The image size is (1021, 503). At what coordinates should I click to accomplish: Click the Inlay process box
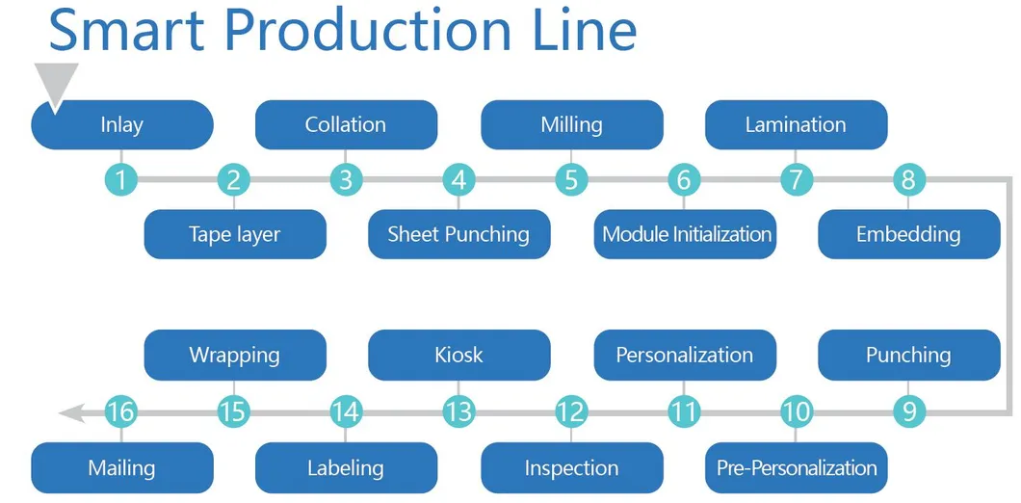click(x=122, y=125)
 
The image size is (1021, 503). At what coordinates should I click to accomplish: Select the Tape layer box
click(x=235, y=234)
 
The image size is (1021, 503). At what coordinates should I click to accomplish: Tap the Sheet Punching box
click(x=458, y=234)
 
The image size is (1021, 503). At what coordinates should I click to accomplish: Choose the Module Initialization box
click(x=686, y=234)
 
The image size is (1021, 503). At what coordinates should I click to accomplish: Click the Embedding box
click(x=908, y=234)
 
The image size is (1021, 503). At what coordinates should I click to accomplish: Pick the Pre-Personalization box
click(x=797, y=468)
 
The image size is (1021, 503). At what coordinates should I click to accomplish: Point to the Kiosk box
click(x=458, y=355)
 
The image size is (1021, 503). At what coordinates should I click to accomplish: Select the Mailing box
click(x=122, y=468)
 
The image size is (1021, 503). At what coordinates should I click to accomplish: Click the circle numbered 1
click(x=121, y=179)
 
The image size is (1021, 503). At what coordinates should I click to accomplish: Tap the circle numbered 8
click(x=908, y=179)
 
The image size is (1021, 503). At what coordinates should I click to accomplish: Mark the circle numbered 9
click(x=908, y=412)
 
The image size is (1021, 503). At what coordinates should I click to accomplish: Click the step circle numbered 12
click(x=571, y=412)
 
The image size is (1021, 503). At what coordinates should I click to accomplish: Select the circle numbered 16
click(x=121, y=412)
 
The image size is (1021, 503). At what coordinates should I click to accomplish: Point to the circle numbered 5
click(x=571, y=179)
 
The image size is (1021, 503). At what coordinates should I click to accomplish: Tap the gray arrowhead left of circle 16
click(x=69, y=412)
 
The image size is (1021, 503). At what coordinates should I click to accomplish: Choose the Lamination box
click(x=796, y=125)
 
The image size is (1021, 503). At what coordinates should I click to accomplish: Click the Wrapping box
click(x=235, y=355)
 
